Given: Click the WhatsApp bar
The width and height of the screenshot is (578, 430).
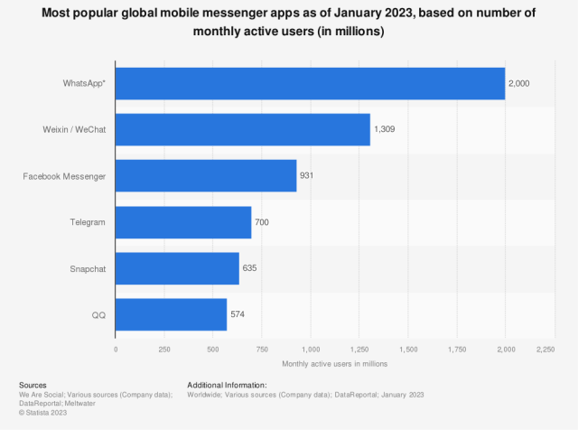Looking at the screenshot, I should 310,83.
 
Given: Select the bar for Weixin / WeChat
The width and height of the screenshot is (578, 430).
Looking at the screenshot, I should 242,129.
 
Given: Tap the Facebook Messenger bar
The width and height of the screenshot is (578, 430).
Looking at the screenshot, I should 206,175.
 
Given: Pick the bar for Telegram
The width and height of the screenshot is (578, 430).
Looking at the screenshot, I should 183,221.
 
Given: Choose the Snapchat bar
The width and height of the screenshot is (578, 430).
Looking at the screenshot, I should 177,268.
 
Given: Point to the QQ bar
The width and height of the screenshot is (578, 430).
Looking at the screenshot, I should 171,314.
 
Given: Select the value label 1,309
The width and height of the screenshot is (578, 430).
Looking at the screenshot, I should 386,129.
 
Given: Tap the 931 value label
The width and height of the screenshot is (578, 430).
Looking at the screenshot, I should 307,175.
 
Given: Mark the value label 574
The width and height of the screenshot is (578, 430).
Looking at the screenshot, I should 238,314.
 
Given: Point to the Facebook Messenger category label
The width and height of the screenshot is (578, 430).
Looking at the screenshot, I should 64,175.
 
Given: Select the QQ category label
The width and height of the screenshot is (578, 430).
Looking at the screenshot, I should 99,314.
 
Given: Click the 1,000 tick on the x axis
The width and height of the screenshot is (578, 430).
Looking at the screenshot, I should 311,349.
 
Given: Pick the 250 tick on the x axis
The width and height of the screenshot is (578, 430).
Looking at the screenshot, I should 164,349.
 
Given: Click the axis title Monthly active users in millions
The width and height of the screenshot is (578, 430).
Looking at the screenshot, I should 334,363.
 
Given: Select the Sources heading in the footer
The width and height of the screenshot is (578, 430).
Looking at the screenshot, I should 33,385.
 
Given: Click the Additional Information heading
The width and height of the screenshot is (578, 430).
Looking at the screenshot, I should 227,385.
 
